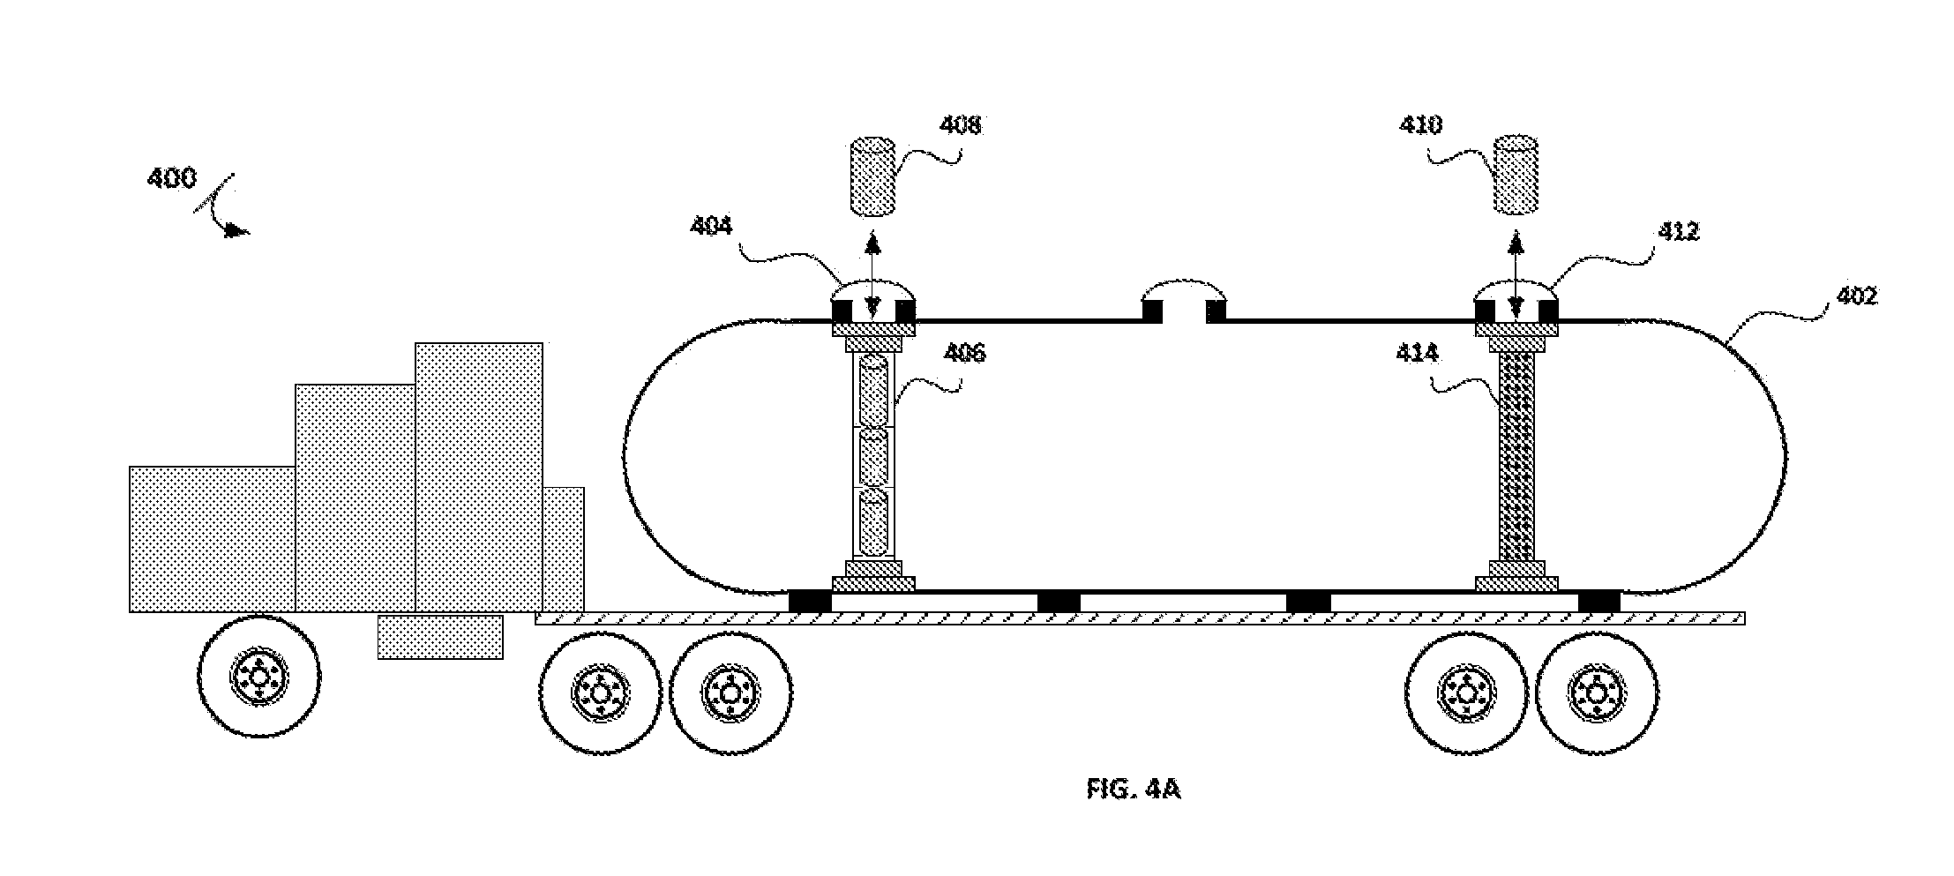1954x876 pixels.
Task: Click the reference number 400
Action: click(171, 178)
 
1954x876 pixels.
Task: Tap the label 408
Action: click(960, 125)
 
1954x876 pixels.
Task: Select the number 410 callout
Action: click(1421, 125)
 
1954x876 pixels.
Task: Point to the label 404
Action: click(711, 227)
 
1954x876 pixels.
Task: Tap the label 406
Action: click(964, 354)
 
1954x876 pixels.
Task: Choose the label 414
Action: click(1417, 354)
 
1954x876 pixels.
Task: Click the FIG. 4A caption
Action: click(1134, 789)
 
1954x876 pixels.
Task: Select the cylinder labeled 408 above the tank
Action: click(872, 176)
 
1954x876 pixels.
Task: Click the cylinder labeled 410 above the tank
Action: click(1516, 176)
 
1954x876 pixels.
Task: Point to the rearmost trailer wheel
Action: click(1596, 692)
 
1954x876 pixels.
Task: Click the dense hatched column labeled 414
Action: click(1517, 455)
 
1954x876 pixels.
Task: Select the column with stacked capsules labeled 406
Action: click(873, 455)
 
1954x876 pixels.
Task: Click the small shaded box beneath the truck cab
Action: click(440, 637)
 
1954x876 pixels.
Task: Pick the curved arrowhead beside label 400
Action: click(236, 231)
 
